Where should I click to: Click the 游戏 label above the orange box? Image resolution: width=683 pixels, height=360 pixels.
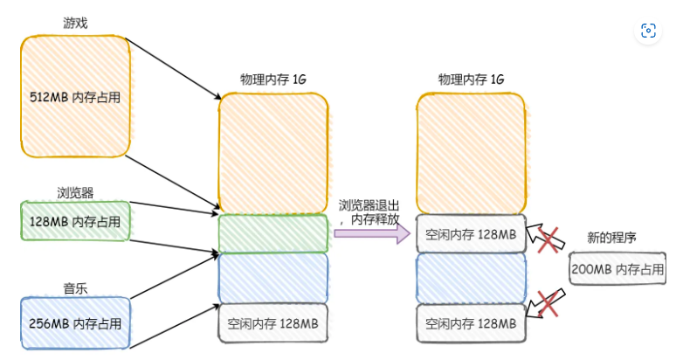click(73, 23)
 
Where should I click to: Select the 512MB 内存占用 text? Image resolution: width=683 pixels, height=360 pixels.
click(74, 96)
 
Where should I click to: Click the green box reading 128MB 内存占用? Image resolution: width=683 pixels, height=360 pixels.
click(74, 221)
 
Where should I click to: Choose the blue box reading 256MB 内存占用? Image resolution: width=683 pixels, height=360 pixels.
click(74, 323)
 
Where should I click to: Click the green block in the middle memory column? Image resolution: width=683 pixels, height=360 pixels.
click(273, 233)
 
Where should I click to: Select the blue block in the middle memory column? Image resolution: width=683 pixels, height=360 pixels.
click(273, 277)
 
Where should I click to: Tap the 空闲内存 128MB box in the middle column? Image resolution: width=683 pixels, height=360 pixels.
click(273, 322)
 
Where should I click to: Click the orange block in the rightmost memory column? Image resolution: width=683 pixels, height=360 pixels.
click(471, 152)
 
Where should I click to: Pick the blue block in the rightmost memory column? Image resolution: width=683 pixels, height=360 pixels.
click(471, 277)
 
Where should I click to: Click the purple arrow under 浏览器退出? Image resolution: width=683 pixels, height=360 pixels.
click(371, 234)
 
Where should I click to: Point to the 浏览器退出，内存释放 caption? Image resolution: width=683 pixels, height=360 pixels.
click(369, 211)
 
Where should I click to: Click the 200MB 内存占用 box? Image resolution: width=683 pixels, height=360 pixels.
click(617, 269)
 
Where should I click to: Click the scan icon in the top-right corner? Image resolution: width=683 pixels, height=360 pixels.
click(648, 31)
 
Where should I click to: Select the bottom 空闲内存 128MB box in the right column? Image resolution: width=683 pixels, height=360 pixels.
click(471, 322)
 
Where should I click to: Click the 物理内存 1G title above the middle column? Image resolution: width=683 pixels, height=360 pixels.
click(273, 80)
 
